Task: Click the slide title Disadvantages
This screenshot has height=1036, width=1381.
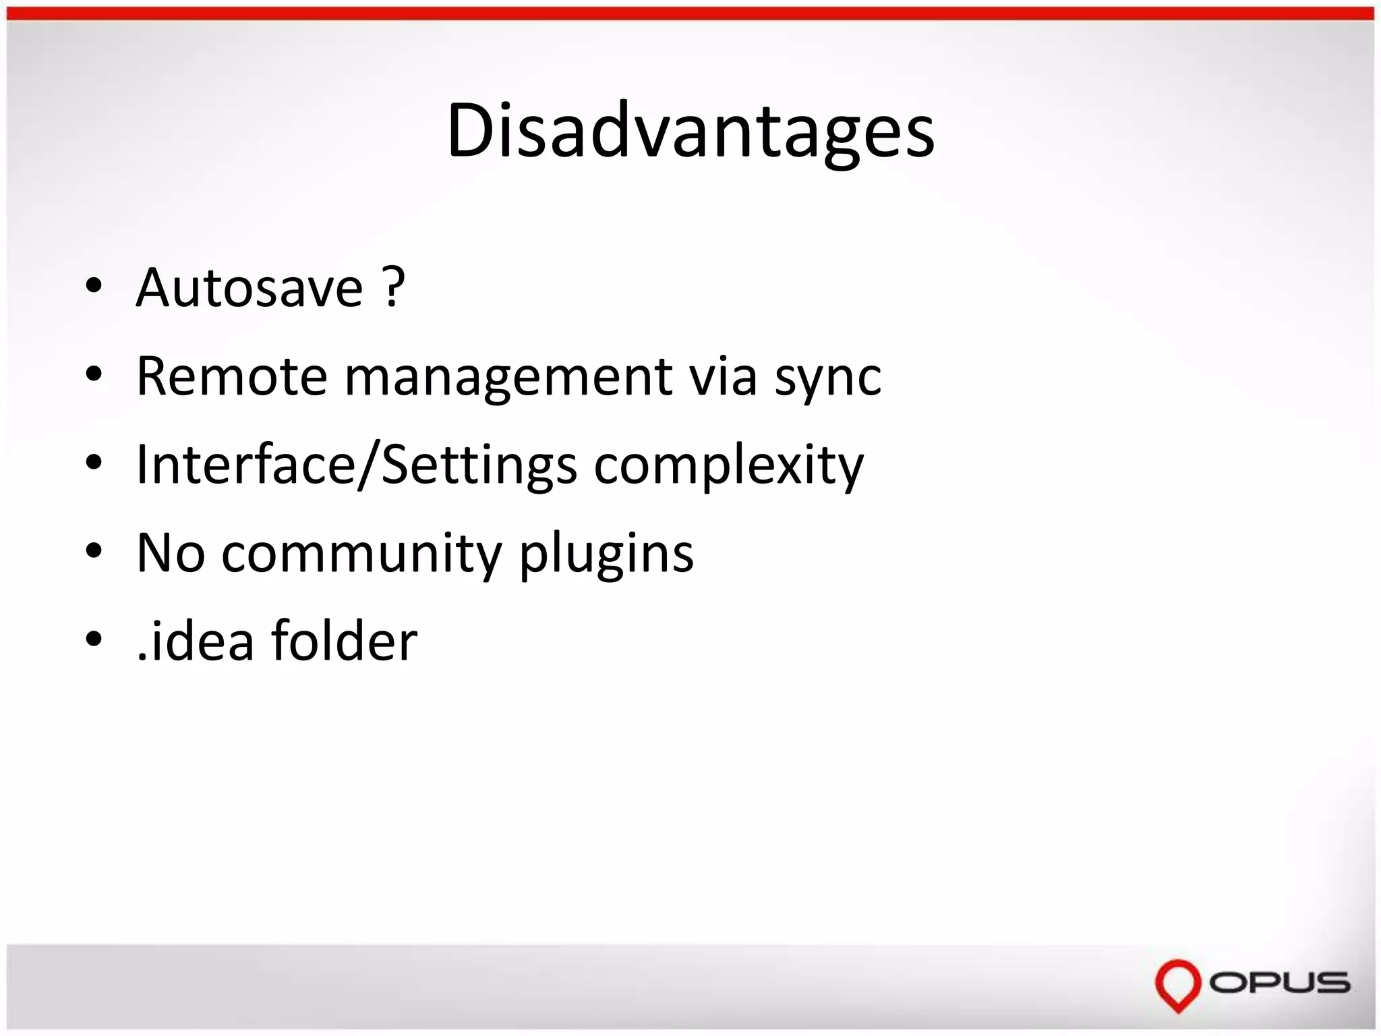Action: coord(690,132)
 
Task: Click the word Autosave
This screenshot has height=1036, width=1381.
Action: coord(249,288)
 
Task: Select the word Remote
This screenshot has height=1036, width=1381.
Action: coord(231,376)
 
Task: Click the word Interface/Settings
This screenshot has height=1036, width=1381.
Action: coord(356,465)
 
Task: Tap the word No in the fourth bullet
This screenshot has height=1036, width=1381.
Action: coord(170,554)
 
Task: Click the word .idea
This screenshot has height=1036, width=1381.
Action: coord(195,641)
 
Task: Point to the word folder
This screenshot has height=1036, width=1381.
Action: coord(344,641)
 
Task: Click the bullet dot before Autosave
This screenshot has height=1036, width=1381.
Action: coord(94,287)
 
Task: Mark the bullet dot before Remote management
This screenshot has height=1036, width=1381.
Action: coord(94,375)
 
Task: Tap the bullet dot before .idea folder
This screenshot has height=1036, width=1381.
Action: coord(94,639)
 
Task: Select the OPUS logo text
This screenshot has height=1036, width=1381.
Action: coord(1279,983)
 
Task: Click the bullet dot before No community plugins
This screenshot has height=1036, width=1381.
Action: coord(94,551)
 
